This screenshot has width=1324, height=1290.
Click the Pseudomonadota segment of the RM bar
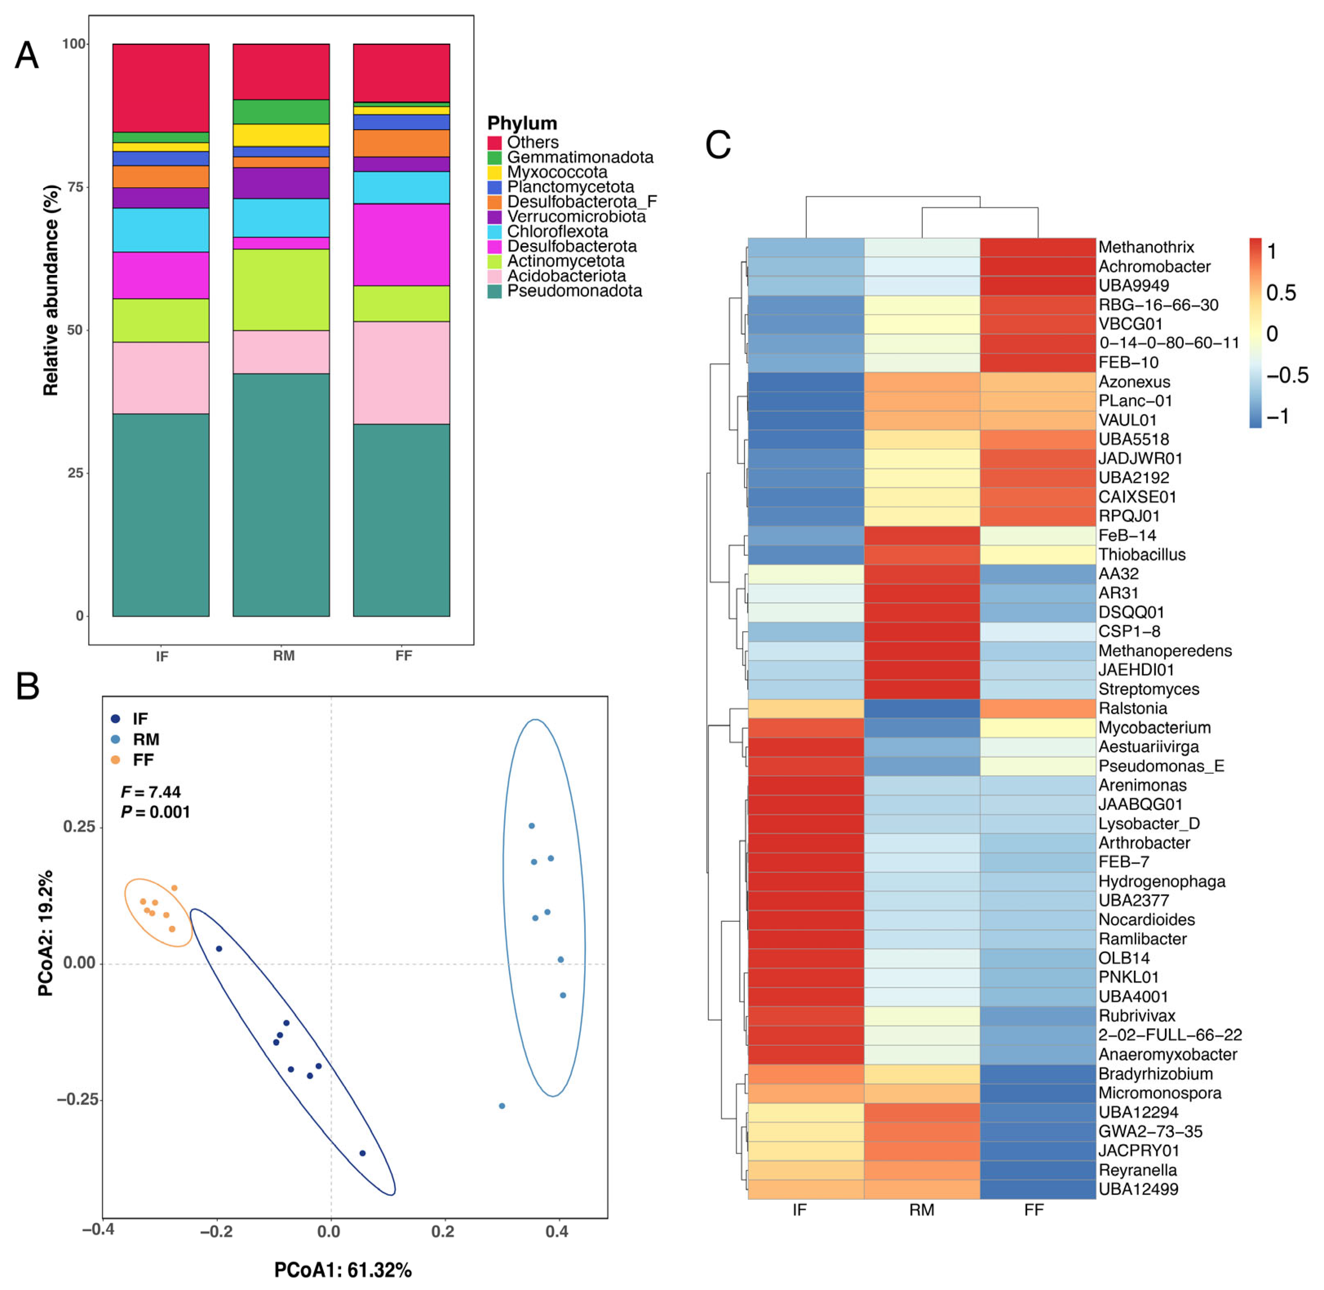click(281, 495)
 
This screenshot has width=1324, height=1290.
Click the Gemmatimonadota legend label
click(580, 157)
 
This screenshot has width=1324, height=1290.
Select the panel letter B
click(28, 686)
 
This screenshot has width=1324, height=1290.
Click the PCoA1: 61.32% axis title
click(343, 1270)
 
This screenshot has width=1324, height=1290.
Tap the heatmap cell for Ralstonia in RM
click(921, 709)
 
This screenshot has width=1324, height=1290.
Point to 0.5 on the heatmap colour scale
click(1281, 293)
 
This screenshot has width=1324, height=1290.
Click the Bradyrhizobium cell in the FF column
click(1037, 1074)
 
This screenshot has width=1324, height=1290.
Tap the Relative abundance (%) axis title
click(51, 290)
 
